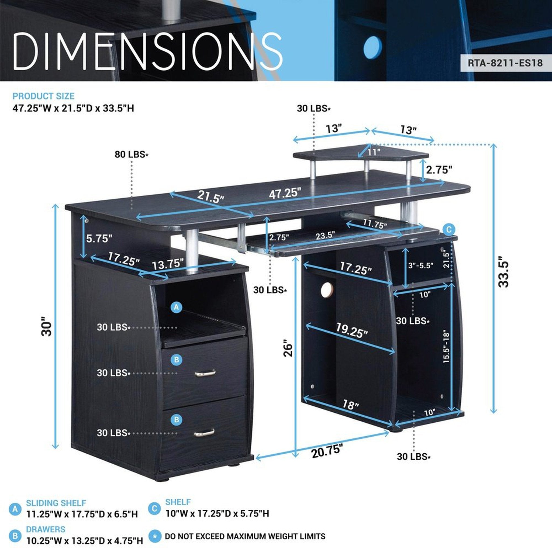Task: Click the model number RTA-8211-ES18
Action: coord(505,63)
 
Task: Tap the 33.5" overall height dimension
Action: coord(503,274)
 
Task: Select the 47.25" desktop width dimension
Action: coord(285,194)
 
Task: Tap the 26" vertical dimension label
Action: coord(288,348)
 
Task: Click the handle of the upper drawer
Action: coord(205,373)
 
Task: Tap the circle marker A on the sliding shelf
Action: coord(176,308)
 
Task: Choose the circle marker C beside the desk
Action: coord(449,229)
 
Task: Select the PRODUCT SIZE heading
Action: coord(43,96)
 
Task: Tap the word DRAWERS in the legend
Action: coord(46,529)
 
